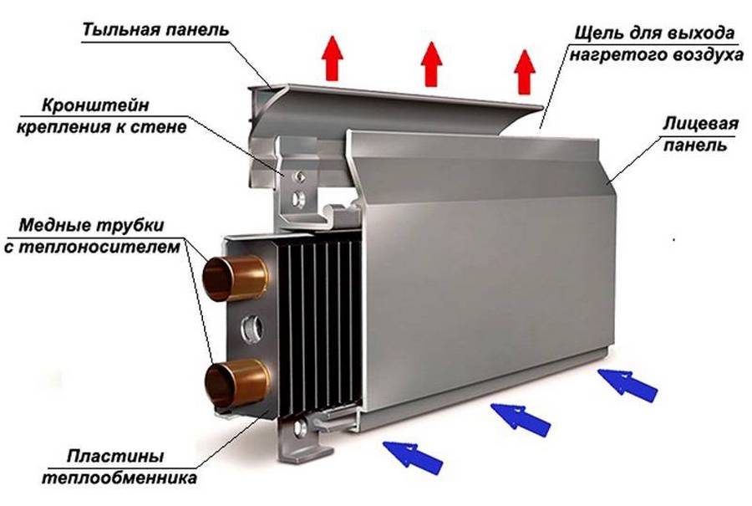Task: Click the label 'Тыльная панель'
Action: (155, 31)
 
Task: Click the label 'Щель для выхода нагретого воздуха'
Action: (657, 45)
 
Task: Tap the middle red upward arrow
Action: (431, 65)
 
